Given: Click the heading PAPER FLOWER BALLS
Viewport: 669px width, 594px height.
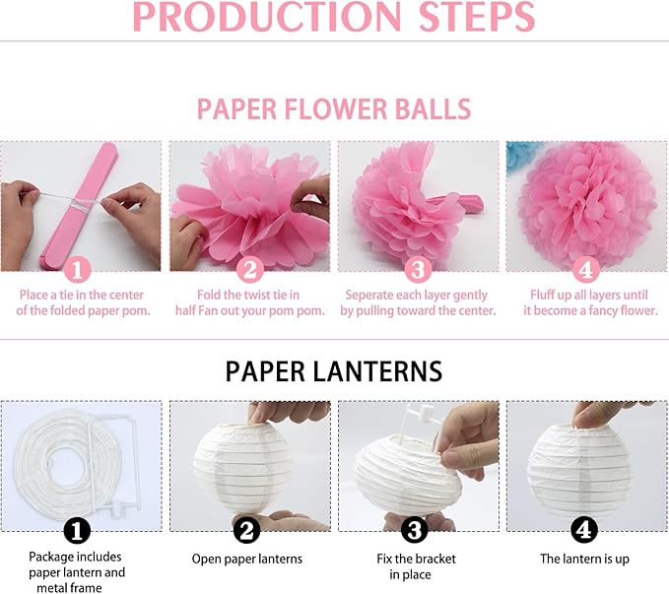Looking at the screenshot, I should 333,109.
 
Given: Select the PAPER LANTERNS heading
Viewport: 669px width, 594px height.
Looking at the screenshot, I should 333,370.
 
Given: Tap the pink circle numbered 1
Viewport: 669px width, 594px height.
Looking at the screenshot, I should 80,269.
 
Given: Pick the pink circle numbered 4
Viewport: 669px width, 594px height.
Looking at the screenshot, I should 585,269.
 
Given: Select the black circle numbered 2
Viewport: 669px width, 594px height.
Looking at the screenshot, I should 247,530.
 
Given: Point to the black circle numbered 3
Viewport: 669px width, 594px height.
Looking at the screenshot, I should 416,530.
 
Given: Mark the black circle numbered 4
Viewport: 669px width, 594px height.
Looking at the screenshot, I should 585,530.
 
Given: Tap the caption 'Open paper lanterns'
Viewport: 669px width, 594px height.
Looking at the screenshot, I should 247,559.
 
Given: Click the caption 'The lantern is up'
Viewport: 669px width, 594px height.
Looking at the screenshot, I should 585,559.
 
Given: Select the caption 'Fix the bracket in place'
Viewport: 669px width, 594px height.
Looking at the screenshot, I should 416,566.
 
